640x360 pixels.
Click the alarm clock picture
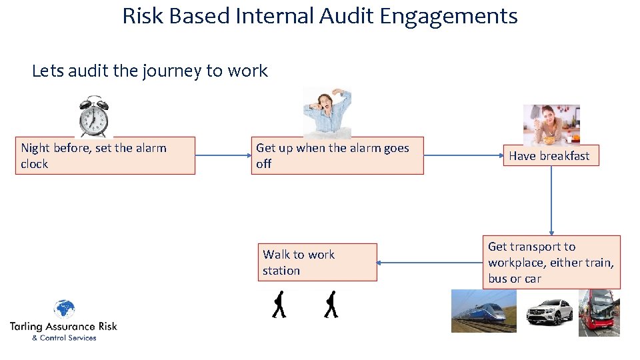(x=93, y=117)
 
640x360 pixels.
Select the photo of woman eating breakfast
(x=551, y=125)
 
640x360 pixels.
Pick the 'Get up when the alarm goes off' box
(x=337, y=156)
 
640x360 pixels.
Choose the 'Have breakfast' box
(x=550, y=156)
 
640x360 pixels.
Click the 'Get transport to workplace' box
(x=551, y=262)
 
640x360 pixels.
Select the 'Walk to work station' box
(x=317, y=263)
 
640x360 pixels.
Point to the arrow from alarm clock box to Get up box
(x=223, y=156)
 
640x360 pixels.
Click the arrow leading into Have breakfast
(x=462, y=156)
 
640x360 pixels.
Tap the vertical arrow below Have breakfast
(x=551, y=200)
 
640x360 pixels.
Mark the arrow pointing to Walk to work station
(x=429, y=263)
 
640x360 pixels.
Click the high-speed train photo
(x=483, y=311)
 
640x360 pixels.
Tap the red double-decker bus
(x=599, y=312)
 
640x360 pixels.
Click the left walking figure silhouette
(x=279, y=305)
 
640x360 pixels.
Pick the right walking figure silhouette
(x=331, y=305)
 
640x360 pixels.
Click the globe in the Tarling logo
(x=64, y=309)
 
